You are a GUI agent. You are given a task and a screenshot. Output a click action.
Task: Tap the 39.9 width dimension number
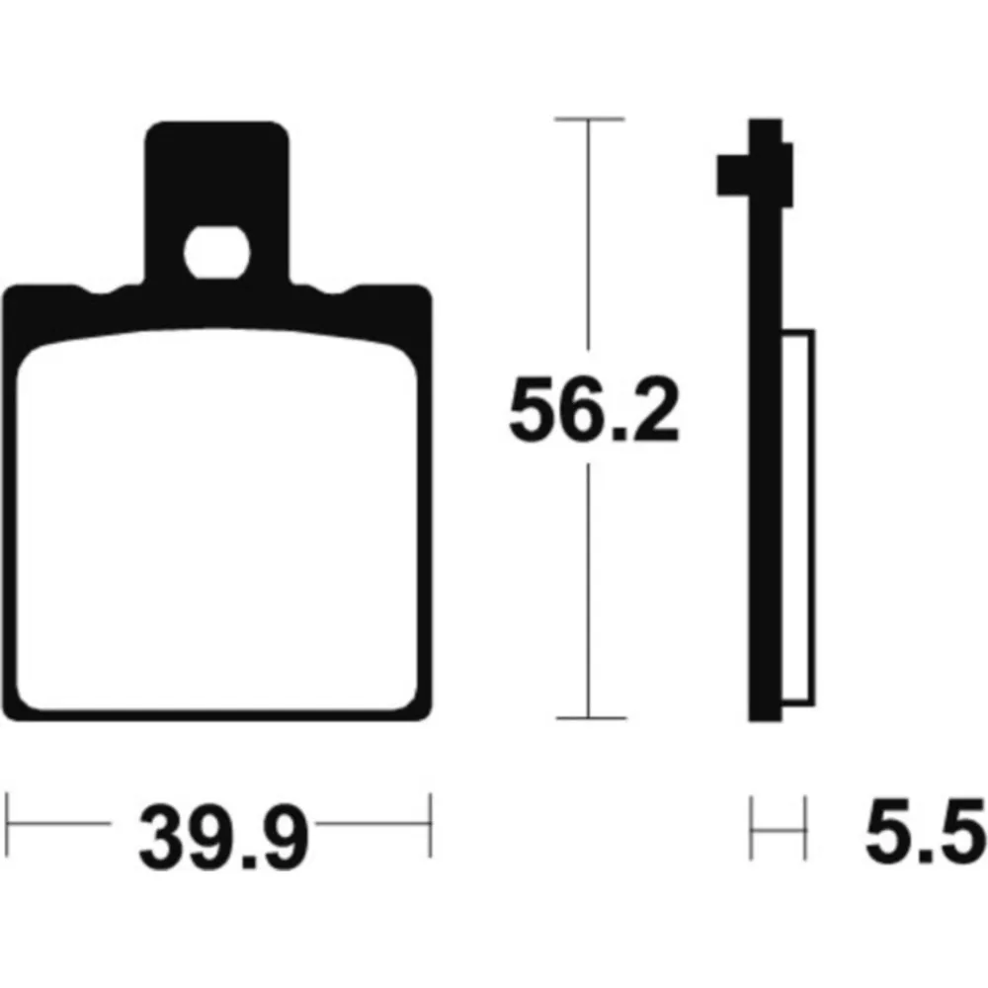[224, 838]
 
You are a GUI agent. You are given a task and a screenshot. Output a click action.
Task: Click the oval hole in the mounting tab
[216, 252]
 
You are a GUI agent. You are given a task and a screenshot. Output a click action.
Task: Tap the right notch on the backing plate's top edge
[335, 291]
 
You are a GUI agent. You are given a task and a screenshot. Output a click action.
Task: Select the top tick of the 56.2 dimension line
[589, 119]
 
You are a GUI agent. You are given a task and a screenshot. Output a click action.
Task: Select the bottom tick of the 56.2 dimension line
[591, 717]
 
